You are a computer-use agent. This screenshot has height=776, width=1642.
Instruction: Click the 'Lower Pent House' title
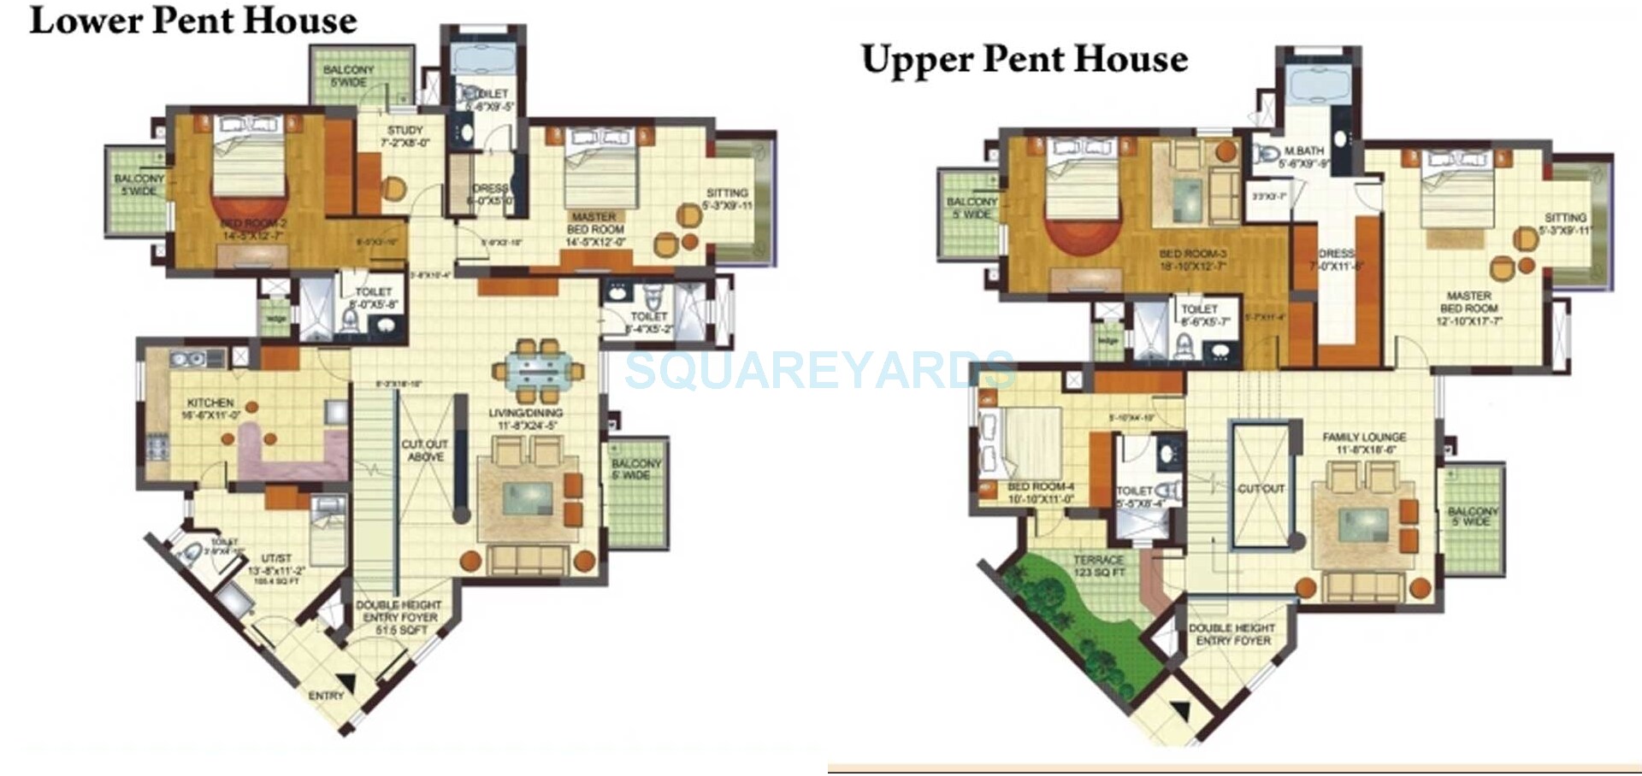pos(193,21)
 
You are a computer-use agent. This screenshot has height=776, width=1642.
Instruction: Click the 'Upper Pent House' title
pos(1024,59)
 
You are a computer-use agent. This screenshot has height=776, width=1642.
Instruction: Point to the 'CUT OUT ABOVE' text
pos(425,450)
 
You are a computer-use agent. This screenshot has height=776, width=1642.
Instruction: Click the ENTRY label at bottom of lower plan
pos(326,696)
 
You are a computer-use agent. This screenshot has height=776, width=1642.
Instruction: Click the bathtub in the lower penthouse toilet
pos(483,59)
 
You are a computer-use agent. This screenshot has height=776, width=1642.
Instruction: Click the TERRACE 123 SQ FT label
pos(1099,566)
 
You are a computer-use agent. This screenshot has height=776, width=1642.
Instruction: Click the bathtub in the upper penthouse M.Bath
pos(1318,86)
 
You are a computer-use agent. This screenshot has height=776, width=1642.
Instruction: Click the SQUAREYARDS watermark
pos(819,370)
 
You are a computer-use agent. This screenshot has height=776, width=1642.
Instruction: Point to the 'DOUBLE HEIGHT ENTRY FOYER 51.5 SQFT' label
pos(400,617)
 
